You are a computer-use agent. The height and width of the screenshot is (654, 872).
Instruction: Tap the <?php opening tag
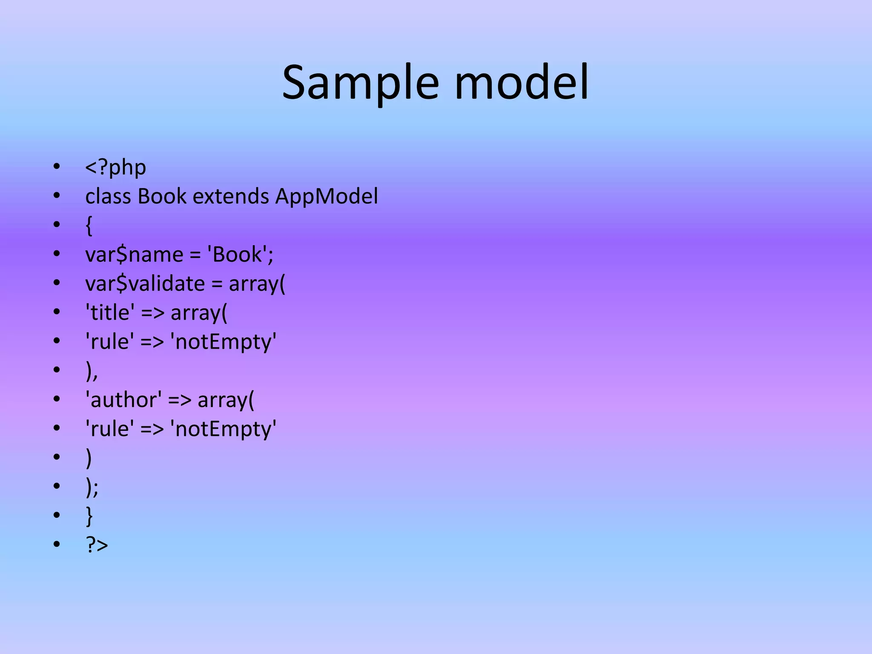115,167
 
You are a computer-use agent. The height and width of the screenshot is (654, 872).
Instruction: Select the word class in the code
108,197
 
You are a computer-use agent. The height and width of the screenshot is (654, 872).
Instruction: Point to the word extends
231,197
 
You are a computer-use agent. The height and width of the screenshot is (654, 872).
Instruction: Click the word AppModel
327,197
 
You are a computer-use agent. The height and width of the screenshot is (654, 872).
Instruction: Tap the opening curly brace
89,226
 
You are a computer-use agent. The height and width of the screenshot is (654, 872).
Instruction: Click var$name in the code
134,255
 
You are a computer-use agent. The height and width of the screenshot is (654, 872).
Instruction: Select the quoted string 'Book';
240,255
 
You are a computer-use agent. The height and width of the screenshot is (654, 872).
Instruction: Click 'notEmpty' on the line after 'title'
223,342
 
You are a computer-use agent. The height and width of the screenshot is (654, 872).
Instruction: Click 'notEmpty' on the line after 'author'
223,429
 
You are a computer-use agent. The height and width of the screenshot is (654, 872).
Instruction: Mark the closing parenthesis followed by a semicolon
92,488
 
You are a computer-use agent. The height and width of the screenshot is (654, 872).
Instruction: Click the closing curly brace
89,516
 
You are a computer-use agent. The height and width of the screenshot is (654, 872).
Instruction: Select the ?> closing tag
97,545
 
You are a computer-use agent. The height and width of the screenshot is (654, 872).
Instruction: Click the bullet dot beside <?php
57,166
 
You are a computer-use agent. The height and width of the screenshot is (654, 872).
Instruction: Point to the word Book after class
162,197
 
